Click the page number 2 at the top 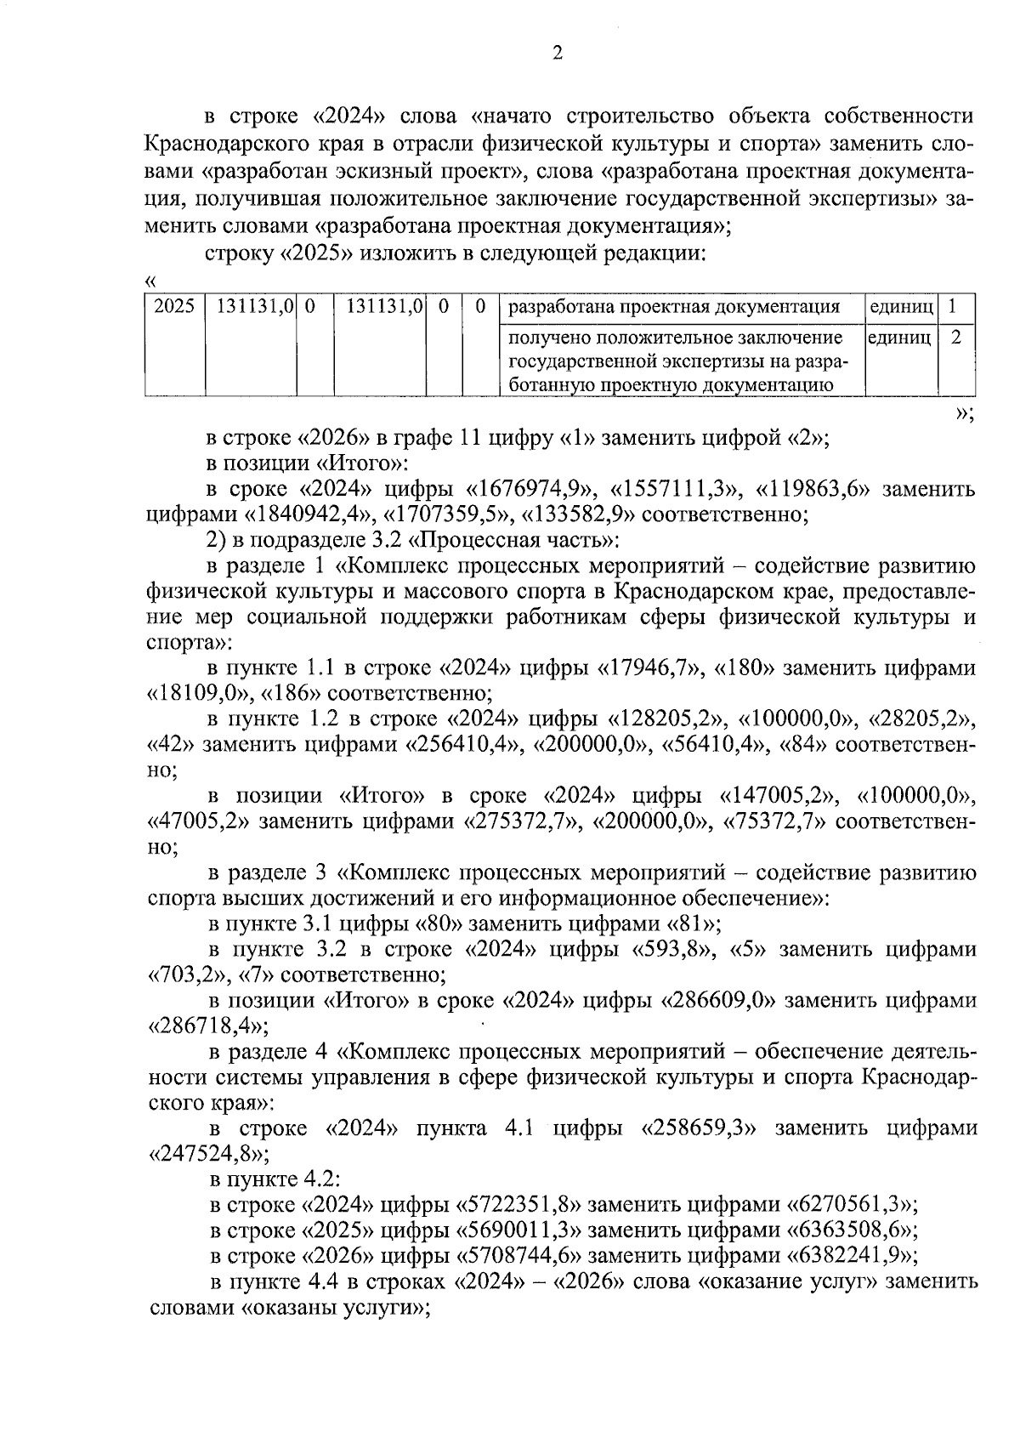coord(558,54)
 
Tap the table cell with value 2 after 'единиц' coord(955,338)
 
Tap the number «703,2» coord(187,974)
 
